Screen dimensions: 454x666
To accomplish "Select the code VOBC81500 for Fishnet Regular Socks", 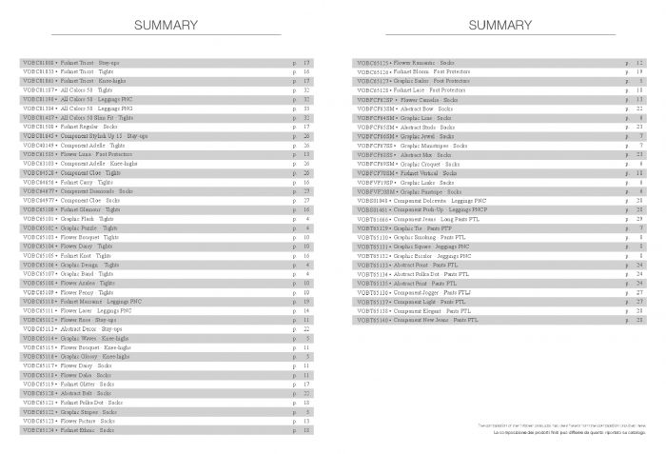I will click(x=39, y=126).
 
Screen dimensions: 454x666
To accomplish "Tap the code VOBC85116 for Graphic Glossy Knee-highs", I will click(x=39, y=356).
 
